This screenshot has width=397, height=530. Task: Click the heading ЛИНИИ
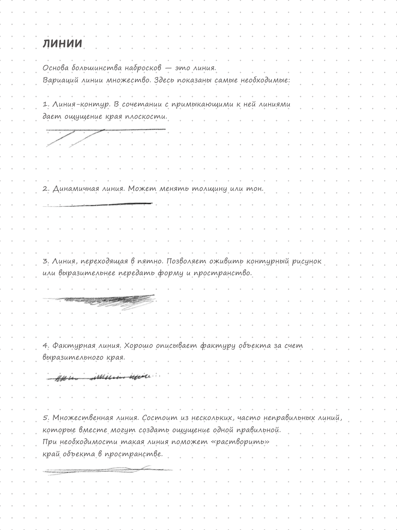click(x=62, y=44)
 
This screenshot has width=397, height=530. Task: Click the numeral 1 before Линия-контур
click(x=45, y=104)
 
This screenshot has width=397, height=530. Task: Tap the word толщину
click(x=209, y=189)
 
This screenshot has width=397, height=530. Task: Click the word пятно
click(x=152, y=261)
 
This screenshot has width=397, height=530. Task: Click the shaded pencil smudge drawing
click(x=106, y=300)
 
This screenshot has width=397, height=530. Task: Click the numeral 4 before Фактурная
click(x=45, y=346)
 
